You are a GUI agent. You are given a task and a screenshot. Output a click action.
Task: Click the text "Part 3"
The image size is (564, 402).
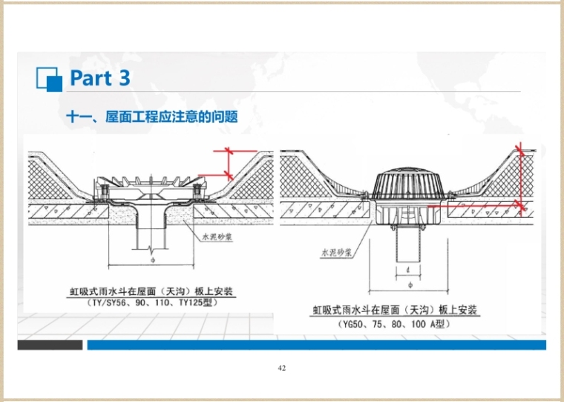[100, 77]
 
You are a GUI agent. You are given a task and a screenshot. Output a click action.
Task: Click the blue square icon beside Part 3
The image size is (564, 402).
[48, 78]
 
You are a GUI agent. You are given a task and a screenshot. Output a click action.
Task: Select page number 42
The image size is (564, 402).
[281, 368]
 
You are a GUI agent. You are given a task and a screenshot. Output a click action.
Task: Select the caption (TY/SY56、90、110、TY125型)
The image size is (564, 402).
[152, 302]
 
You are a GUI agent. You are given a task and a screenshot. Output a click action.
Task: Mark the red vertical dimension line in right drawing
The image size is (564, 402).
[521, 178]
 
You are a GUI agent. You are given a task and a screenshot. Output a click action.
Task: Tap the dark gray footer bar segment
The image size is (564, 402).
[50, 345]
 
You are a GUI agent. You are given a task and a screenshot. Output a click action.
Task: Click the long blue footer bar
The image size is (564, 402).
[316, 345]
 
